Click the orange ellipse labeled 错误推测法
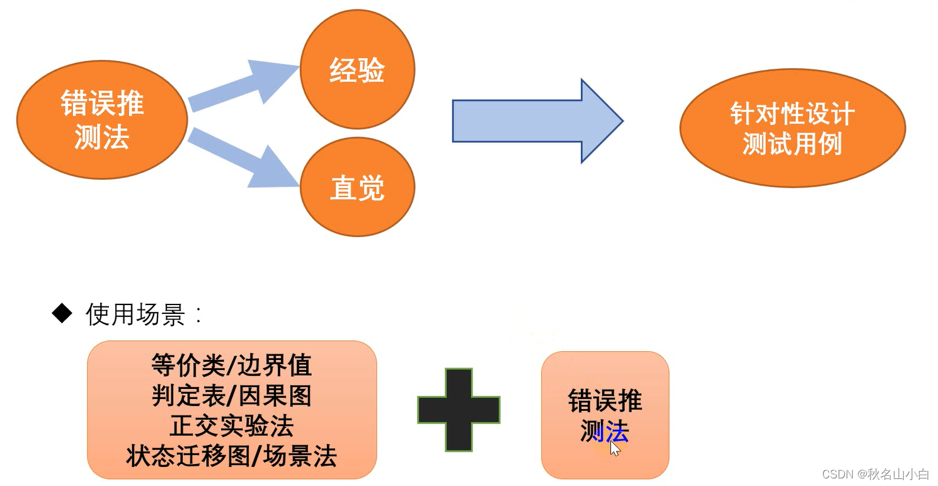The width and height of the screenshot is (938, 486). click(x=101, y=120)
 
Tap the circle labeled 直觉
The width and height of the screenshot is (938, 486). click(x=357, y=188)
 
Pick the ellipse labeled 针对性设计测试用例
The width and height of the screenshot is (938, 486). click(x=792, y=128)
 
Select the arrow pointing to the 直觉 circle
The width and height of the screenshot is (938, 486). click(x=243, y=158)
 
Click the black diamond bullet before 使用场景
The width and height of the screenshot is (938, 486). click(x=62, y=313)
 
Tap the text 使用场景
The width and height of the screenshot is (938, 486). click(x=136, y=314)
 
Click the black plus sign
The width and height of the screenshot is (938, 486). click(x=459, y=410)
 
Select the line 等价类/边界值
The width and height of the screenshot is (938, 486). click(x=232, y=365)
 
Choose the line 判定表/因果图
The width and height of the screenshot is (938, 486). click(x=232, y=396)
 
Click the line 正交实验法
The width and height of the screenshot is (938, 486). click(x=232, y=426)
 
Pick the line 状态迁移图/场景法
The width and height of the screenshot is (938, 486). click(x=232, y=456)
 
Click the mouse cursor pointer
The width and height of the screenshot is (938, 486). click(x=615, y=448)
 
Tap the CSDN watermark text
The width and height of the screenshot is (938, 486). click(x=876, y=473)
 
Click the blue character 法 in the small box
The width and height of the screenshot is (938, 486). click(x=618, y=432)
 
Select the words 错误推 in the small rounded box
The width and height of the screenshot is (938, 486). click(x=605, y=402)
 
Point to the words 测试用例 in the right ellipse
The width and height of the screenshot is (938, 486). click(x=792, y=145)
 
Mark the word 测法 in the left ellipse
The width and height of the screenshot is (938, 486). click(x=101, y=137)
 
